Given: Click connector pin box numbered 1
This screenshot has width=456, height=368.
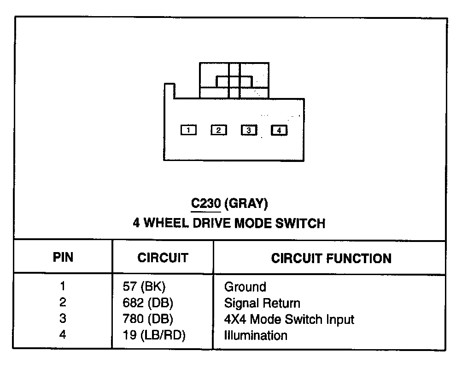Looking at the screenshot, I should coord(188,130).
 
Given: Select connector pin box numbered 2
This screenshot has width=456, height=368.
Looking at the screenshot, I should coord(218,130).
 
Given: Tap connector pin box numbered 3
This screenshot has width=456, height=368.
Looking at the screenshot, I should coord(249,130).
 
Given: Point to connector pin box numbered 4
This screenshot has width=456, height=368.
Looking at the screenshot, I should coord(279,130).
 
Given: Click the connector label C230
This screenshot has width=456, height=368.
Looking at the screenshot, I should coord(206,203).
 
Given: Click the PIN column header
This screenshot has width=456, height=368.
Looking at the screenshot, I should coord(63,257).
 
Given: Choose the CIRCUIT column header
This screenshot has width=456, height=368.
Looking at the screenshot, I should coord(163,258).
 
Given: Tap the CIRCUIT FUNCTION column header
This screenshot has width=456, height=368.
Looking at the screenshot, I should coord(331,258).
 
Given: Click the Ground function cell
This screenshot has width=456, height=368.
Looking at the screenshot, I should coord(245,287).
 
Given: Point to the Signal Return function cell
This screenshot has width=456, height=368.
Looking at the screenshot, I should coord(262,303).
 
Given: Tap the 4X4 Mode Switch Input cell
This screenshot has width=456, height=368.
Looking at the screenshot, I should coord(289,319).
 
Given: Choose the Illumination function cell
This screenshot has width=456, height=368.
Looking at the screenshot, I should coord(256,335).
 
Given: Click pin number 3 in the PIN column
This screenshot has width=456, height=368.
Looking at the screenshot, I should coord(63,318).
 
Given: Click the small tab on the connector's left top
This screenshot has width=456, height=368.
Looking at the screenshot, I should coord(169,91).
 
